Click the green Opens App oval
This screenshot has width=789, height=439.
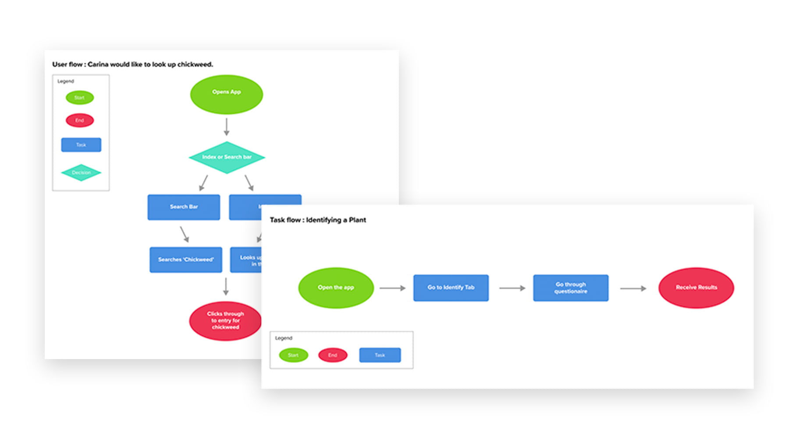[x=226, y=94]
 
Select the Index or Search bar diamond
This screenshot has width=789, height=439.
[x=227, y=157]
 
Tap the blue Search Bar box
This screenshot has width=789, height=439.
[x=184, y=207]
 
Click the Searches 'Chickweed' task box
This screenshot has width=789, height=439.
[x=185, y=259]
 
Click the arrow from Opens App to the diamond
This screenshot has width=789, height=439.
[x=227, y=126]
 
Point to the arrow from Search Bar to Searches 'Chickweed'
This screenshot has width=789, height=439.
[x=185, y=234]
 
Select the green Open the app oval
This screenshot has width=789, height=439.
[x=336, y=288]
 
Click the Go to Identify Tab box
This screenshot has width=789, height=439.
[x=451, y=288]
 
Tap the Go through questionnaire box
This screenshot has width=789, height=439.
[x=570, y=288]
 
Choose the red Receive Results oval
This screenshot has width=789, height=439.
[x=696, y=288]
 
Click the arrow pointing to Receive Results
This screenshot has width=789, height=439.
[x=633, y=288]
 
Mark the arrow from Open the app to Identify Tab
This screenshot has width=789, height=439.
[x=392, y=288]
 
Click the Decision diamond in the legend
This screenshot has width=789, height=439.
[x=81, y=173]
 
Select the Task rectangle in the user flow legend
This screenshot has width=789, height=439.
[x=81, y=145]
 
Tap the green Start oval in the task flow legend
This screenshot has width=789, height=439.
[x=293, y=355]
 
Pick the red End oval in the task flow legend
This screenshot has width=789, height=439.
[x=333, y=355]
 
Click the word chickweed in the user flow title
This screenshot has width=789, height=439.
[x=195, y=65]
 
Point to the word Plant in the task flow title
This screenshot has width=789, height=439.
[x=357, y=220]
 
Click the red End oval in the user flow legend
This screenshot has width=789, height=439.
[x=79, y=120]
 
